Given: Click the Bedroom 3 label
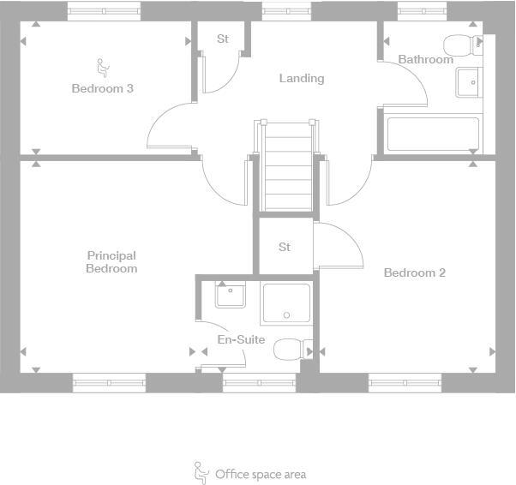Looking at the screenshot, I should (x=102, y=88).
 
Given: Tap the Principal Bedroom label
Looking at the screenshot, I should (x=111, y=261).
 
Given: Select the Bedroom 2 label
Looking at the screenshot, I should (x=414, y=272).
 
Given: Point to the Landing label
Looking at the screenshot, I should (x=302, y=78).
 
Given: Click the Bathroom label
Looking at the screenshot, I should (x=425, y=60).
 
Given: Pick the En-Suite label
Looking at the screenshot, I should (x=241, y=339).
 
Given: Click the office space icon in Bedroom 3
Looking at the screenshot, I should (x=102, y=66).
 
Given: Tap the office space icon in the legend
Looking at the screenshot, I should (x=201, y=472).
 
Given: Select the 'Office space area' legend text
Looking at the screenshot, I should (x=261, y=474).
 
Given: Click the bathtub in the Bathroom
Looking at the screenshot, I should (x=433, y=134).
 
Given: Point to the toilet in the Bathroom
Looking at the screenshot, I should (x=461, y=45).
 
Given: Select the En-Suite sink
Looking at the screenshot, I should (x=230, y=296).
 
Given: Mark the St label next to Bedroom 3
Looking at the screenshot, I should (x=223, y=39).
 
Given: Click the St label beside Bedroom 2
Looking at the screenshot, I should (x=285, y=247).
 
